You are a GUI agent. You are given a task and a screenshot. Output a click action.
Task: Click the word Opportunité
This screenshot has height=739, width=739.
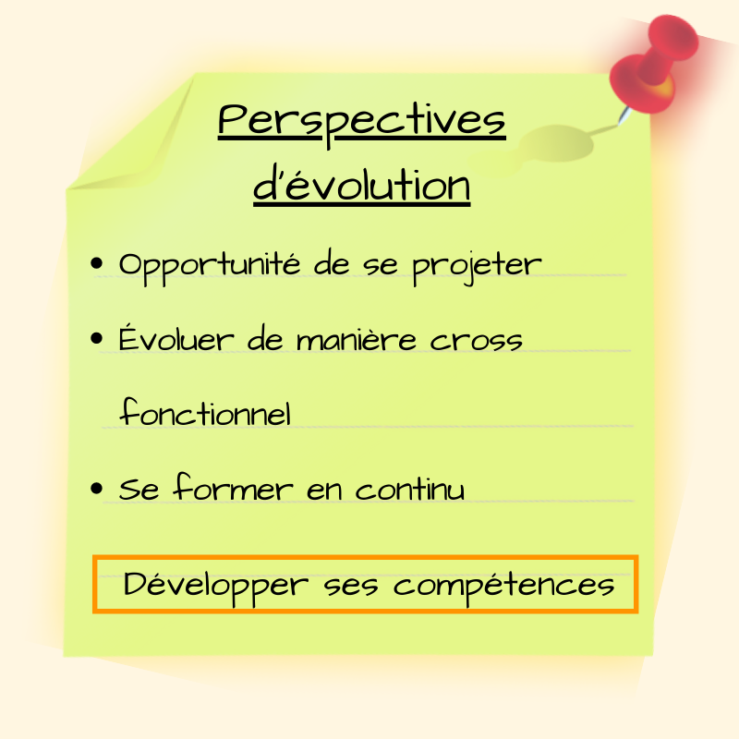(210, 267)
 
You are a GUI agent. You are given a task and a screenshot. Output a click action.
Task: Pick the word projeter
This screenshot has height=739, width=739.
(477, 267)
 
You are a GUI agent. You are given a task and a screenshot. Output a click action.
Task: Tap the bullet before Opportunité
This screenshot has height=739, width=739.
(96, 263)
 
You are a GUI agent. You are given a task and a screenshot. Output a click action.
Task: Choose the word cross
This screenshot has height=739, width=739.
(476, 341)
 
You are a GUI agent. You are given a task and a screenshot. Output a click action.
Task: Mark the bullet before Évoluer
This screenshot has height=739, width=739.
(96, 338)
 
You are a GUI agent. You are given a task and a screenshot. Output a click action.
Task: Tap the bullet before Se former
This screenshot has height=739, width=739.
(96, 489)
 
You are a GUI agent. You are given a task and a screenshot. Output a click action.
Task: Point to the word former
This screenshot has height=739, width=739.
(233, 487)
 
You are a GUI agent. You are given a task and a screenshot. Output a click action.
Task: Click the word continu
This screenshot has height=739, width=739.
(409, 489)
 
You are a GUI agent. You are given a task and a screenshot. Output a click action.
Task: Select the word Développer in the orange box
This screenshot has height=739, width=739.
(216, 588)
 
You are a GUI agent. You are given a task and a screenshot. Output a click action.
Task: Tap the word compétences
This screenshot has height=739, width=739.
(503, 588)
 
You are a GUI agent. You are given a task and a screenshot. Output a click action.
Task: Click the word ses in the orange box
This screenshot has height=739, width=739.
(351, 588)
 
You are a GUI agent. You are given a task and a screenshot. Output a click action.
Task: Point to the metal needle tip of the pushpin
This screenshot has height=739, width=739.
(620, 123)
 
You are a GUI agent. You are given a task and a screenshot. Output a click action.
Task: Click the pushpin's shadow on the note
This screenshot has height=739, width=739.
(556, 144)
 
